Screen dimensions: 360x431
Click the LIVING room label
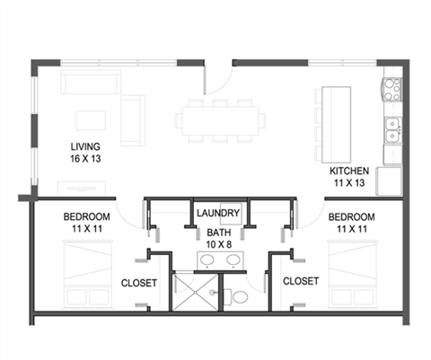pos(87,145)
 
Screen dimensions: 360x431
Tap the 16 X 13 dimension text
pos(87,158)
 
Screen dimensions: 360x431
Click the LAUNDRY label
pos(217,214)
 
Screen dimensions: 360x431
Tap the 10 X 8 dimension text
pos(218,242)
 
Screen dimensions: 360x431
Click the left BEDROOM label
pos(87,217)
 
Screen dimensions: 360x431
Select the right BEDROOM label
pos(351,217)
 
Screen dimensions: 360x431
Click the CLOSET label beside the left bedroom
pos(139,283)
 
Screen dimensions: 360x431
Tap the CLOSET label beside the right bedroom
pos(300,281)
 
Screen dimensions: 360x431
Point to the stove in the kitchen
pos(392,89)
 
